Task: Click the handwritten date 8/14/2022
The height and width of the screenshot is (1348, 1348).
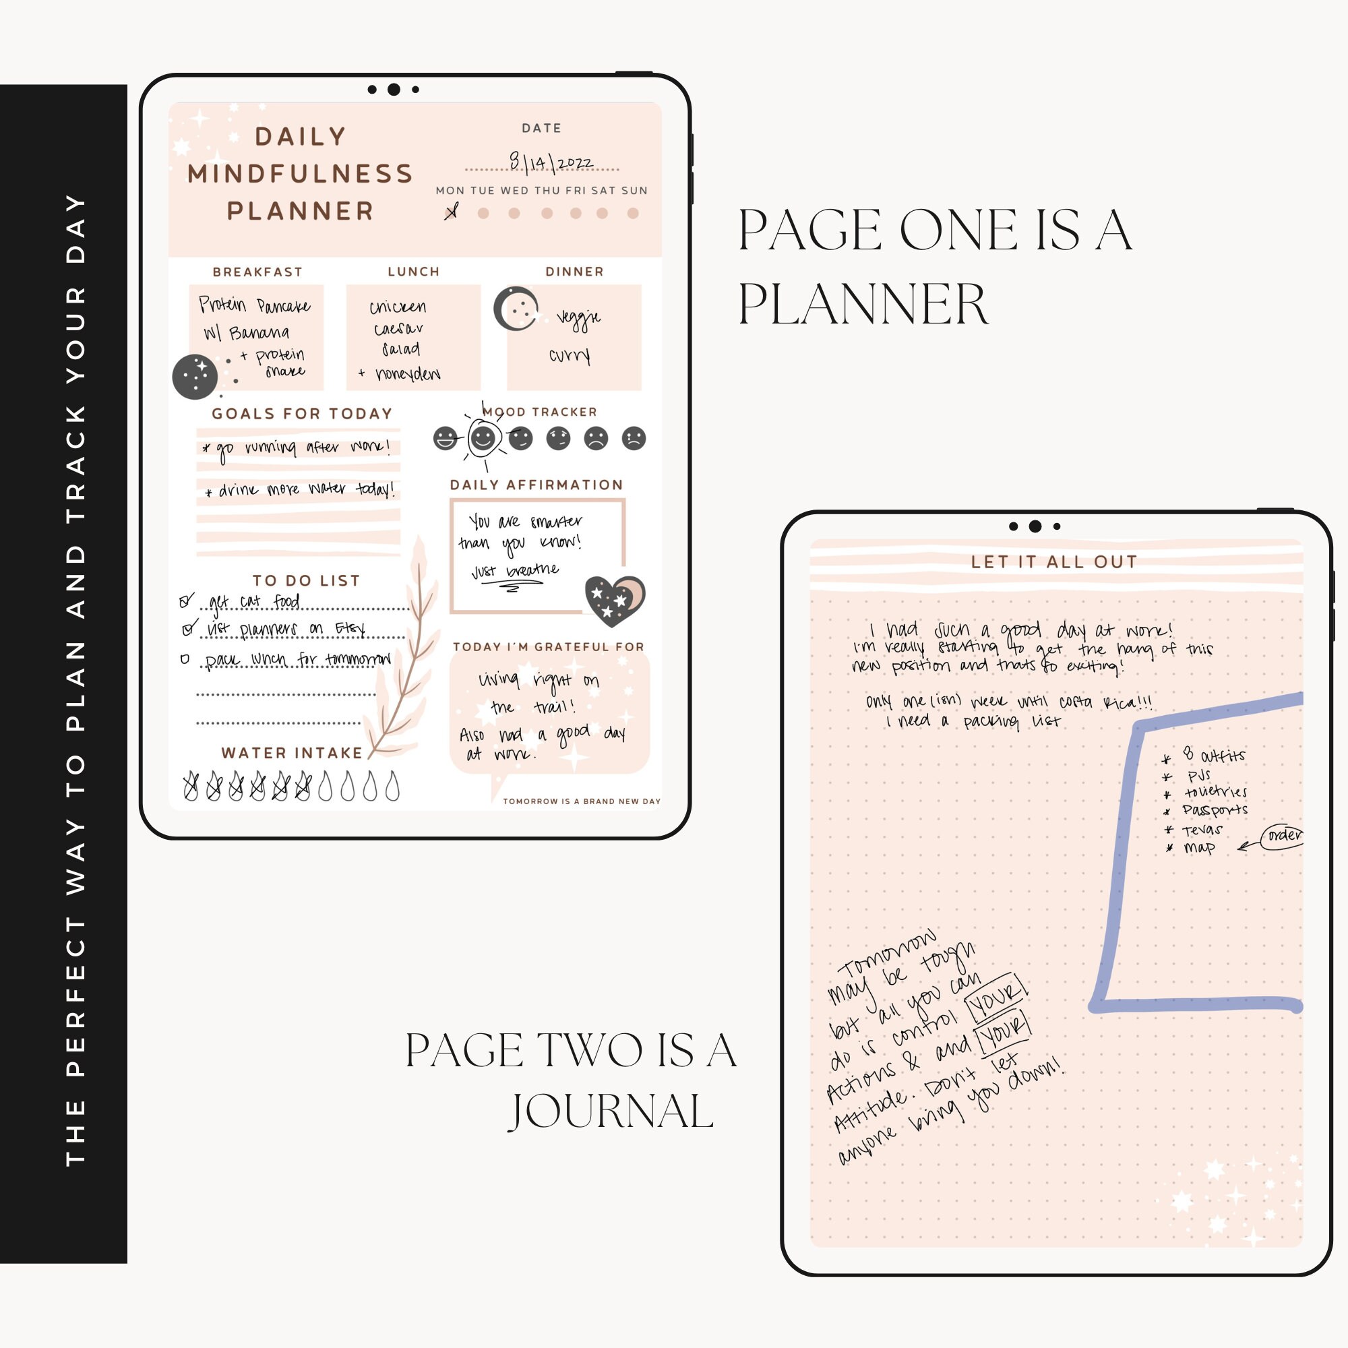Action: click(x=551, y=162)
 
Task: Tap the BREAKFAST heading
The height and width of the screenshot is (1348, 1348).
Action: click(x=257, y=272)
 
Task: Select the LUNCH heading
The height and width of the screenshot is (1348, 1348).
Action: click(x=414, y=272)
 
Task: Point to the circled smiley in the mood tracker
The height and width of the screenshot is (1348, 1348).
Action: click(x=483, y=438)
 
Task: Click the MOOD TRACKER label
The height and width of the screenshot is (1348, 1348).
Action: click(x=540, y=412)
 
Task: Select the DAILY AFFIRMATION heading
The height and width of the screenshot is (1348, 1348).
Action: click(x=536, y=485)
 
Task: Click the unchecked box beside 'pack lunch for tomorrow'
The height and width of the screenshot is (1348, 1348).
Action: click(x=185, y=658)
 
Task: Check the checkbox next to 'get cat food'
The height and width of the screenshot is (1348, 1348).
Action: click(x=185, y=600)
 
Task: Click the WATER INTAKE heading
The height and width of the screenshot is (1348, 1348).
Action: click(x=293, y=753)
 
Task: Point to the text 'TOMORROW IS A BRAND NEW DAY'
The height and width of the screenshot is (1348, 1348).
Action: click(x=581, y=801)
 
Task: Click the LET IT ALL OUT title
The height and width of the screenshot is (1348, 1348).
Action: click(x=1054, y=561)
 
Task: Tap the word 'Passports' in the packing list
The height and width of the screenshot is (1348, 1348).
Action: click(x=1214, y=810)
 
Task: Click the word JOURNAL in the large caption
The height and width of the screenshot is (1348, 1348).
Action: click(x=612, y=1111)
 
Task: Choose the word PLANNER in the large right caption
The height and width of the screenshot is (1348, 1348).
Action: click(x=863, y=304)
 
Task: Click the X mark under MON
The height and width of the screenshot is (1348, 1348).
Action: click(x=452, y=212)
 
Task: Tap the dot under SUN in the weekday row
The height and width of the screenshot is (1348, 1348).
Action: click(x=633, y=214)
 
